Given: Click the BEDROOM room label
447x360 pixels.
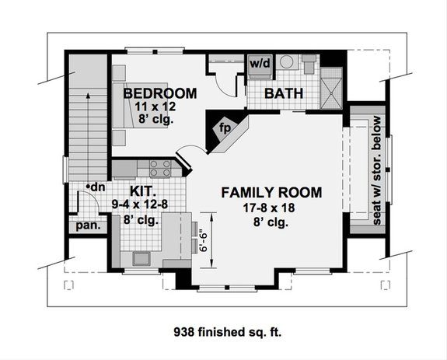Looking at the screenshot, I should (159, 93).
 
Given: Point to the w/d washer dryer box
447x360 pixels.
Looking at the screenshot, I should (258, 62).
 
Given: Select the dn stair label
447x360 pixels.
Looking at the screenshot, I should (97, 187).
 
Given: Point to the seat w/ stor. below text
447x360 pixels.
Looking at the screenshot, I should (376, 171).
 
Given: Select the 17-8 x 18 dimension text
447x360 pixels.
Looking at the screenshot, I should (266, 208).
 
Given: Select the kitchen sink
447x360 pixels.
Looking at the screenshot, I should (142, 259).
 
